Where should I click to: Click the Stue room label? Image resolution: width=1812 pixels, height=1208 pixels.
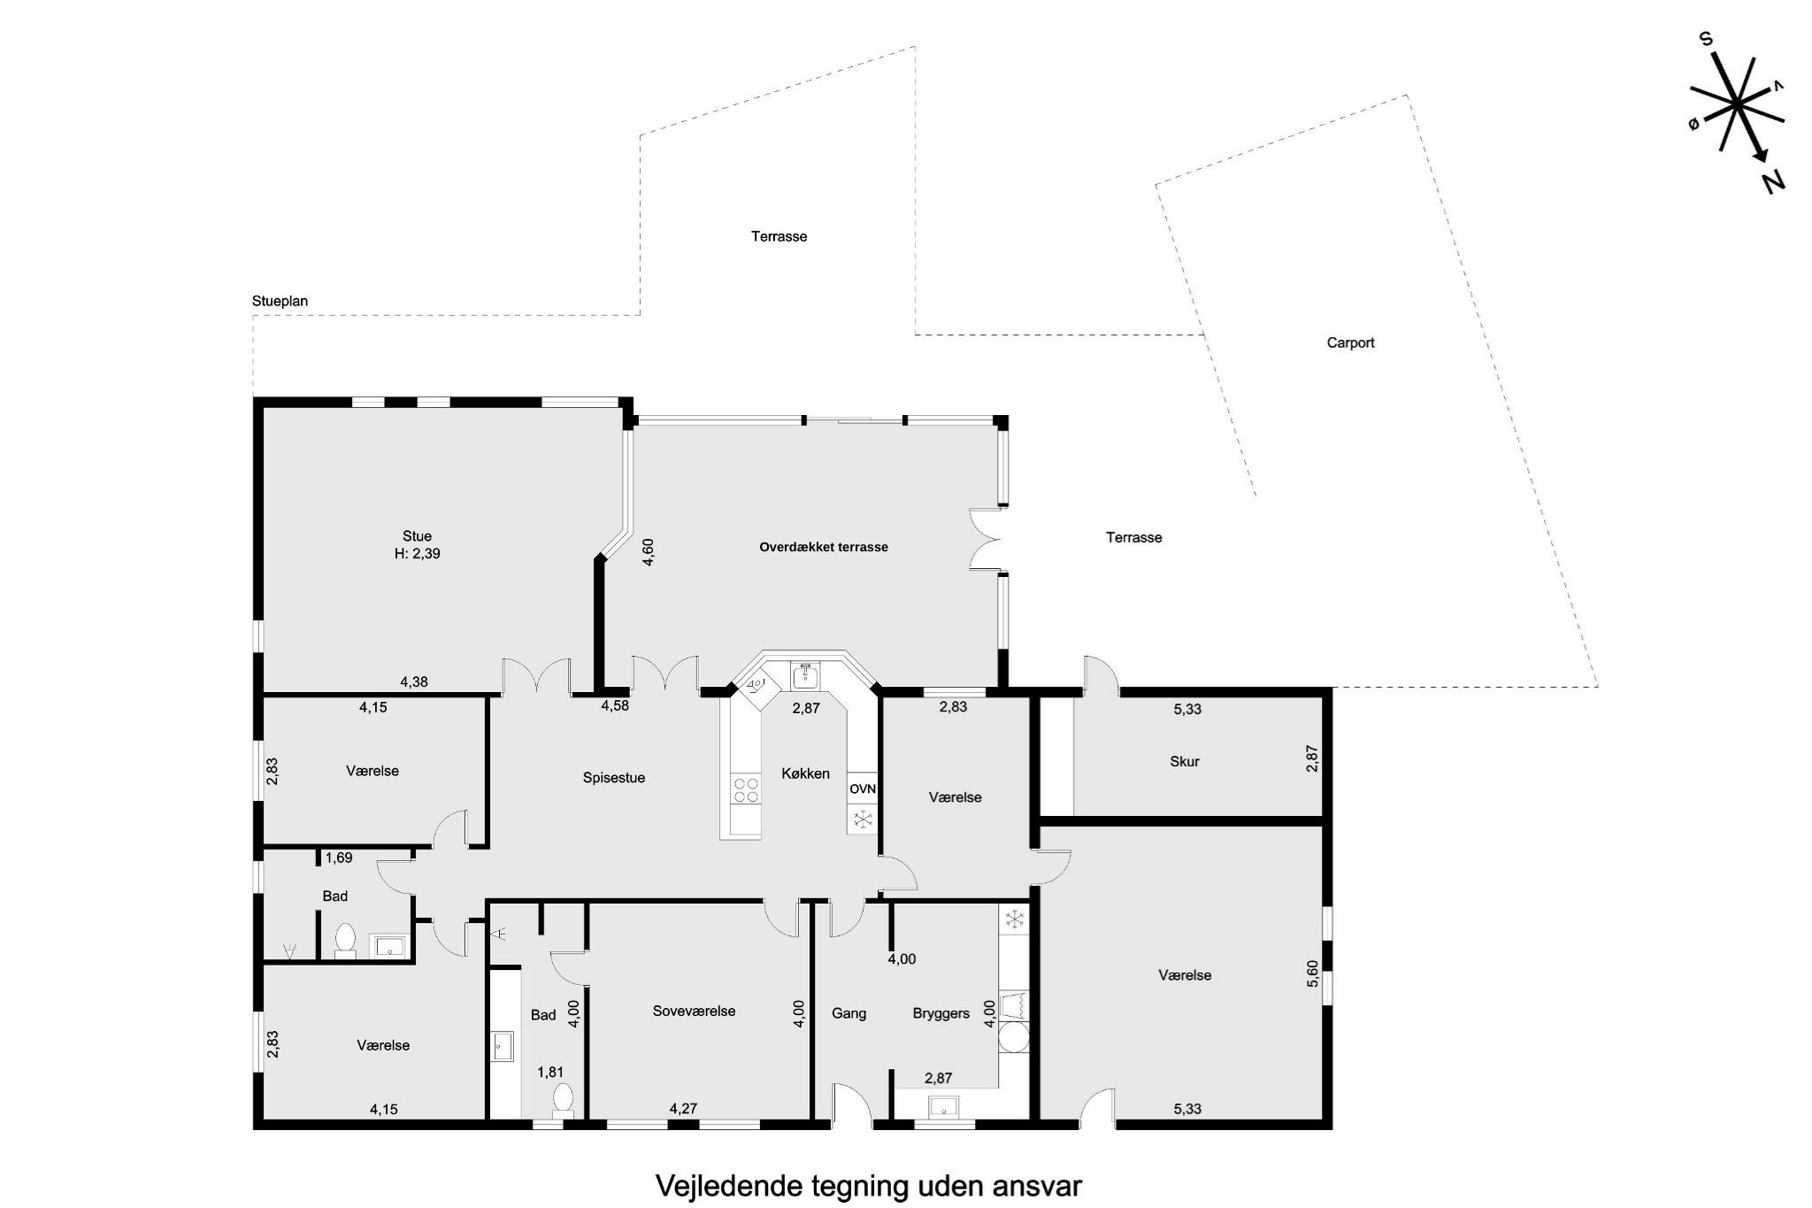click(x=417, y=535)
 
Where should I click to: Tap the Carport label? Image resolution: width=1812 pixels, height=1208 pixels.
click(x=1350, y=342)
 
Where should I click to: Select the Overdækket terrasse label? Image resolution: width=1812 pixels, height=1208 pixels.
click(x=824, y=547)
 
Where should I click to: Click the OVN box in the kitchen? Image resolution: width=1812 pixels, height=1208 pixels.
click(x=863, y=789)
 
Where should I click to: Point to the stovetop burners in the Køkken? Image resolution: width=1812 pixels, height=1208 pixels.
click(x=746, y=789)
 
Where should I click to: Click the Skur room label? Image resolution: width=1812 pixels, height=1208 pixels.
click(x=1184, y=761)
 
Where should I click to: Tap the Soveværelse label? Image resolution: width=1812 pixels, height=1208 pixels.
click(x=695, y=1011)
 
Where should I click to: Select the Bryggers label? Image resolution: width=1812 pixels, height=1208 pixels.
click(x=941, y=1013)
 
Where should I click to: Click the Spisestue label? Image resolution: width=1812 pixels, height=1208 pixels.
click(x=614, y=778)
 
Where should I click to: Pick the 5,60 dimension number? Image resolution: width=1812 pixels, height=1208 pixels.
click(x=1312, y=975)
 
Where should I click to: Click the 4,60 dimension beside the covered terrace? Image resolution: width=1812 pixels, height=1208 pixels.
click(x=648, y=552)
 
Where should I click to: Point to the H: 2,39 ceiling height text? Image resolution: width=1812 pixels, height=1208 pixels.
click(x=417, y=554)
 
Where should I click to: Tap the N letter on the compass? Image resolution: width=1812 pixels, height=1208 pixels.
click(x=1772, y=182)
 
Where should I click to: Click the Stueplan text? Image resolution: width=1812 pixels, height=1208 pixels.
click(x=280, y=301)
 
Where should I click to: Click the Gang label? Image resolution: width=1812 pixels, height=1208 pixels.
click(x=848, y=1013)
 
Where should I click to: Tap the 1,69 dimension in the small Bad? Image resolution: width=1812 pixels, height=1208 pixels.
click(x=339, y=858)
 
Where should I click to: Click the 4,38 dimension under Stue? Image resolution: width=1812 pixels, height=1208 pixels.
click(x=414, y=681)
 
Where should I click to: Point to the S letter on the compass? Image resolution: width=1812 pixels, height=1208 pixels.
click(x=1706, y=64)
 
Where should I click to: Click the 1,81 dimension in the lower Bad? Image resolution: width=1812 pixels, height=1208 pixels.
click(x=550, y=1072)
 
